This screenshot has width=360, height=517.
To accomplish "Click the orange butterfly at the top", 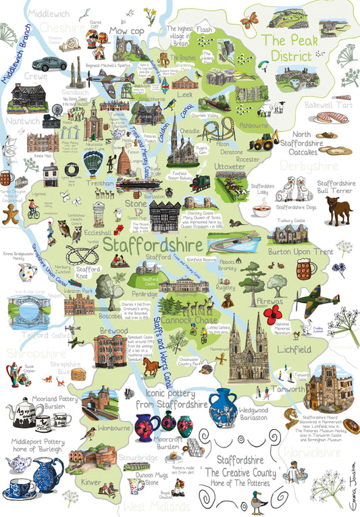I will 249,22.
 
